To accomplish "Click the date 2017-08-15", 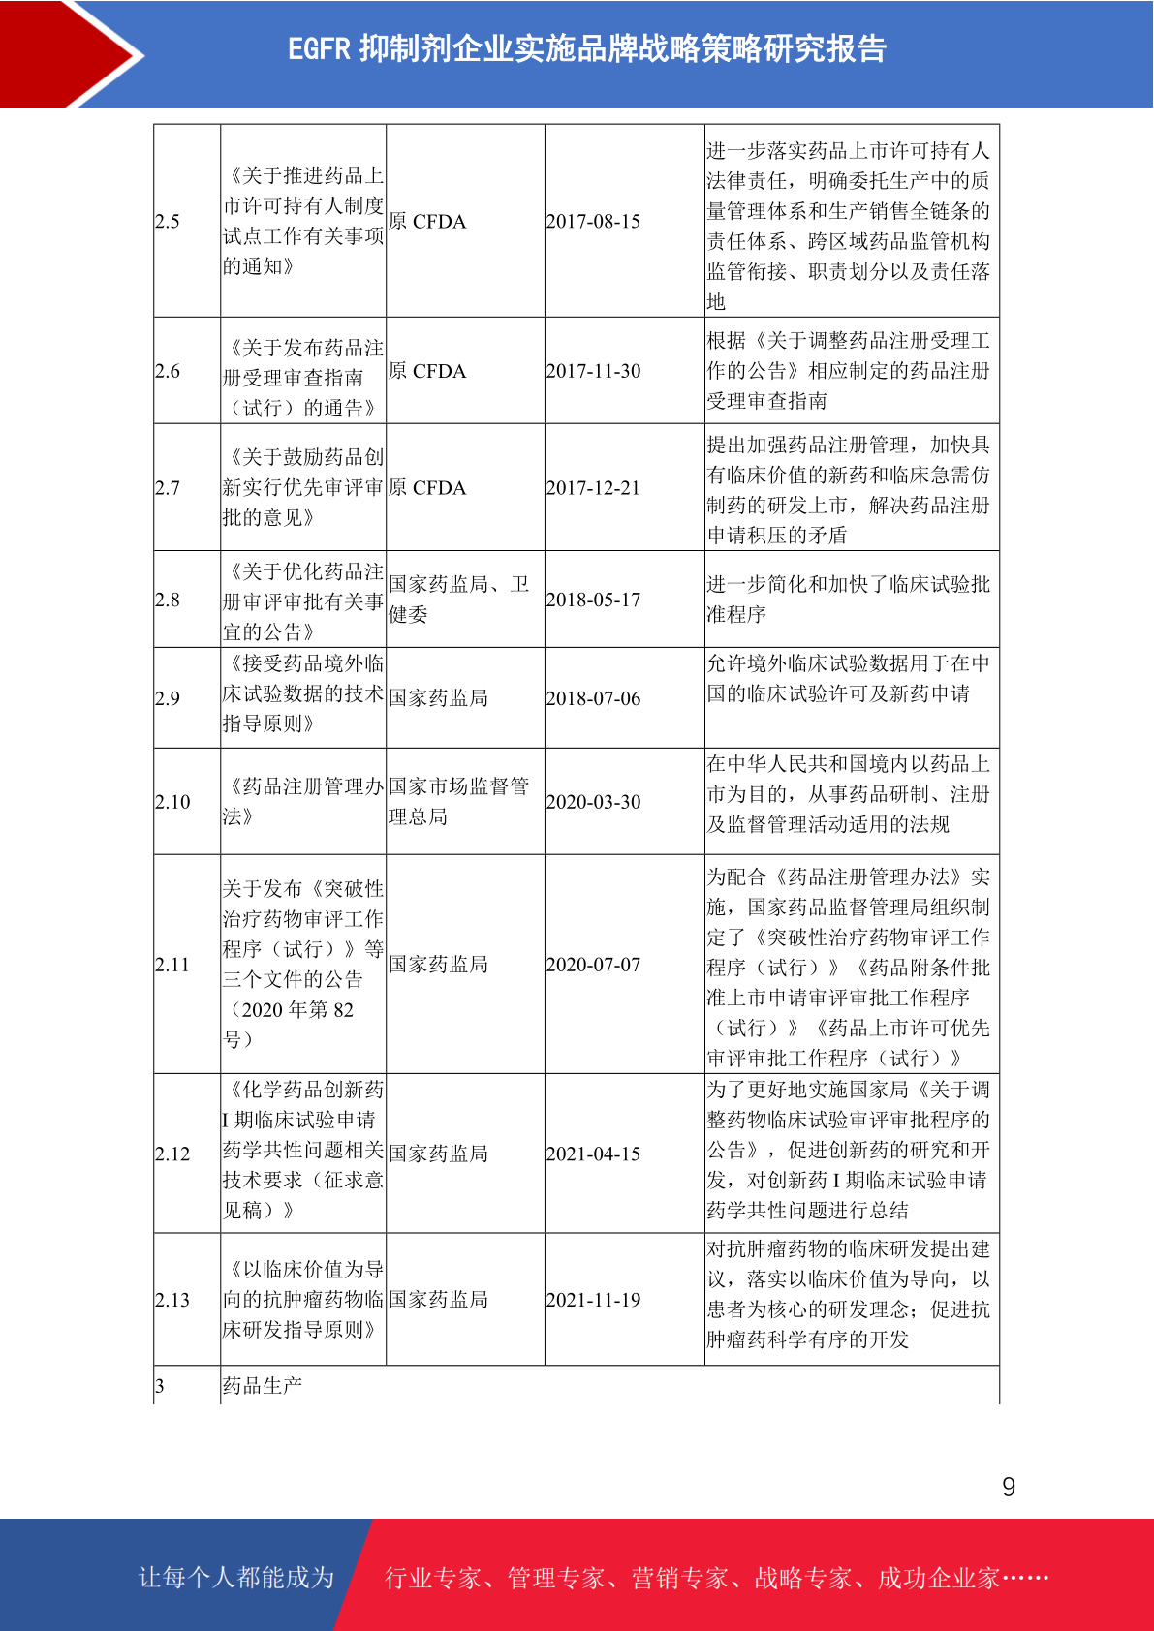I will point(593,222).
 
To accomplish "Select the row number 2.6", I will point(168,371).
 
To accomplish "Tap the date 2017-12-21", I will point(593,488).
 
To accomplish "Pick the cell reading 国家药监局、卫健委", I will point(458,599).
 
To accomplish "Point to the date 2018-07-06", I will point(593,698).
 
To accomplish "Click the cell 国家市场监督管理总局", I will point(458,801).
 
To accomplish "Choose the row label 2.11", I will point(172,965).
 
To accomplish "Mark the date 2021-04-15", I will point(593,1154).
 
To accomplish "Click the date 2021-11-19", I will point(593,1300).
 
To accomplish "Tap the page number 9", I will point(1009,1488).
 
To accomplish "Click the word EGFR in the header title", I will point(318,49).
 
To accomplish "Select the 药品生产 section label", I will point(263,1386).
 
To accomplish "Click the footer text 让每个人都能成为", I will point(236,1578).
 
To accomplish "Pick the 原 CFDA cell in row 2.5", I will point(427,222).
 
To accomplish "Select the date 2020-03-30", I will point(593,802).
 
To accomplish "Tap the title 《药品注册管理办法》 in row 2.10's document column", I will point(303,801).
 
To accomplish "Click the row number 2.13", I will point(172,1300).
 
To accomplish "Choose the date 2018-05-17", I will point(593,600).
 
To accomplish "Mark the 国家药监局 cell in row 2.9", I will point(438,698).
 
